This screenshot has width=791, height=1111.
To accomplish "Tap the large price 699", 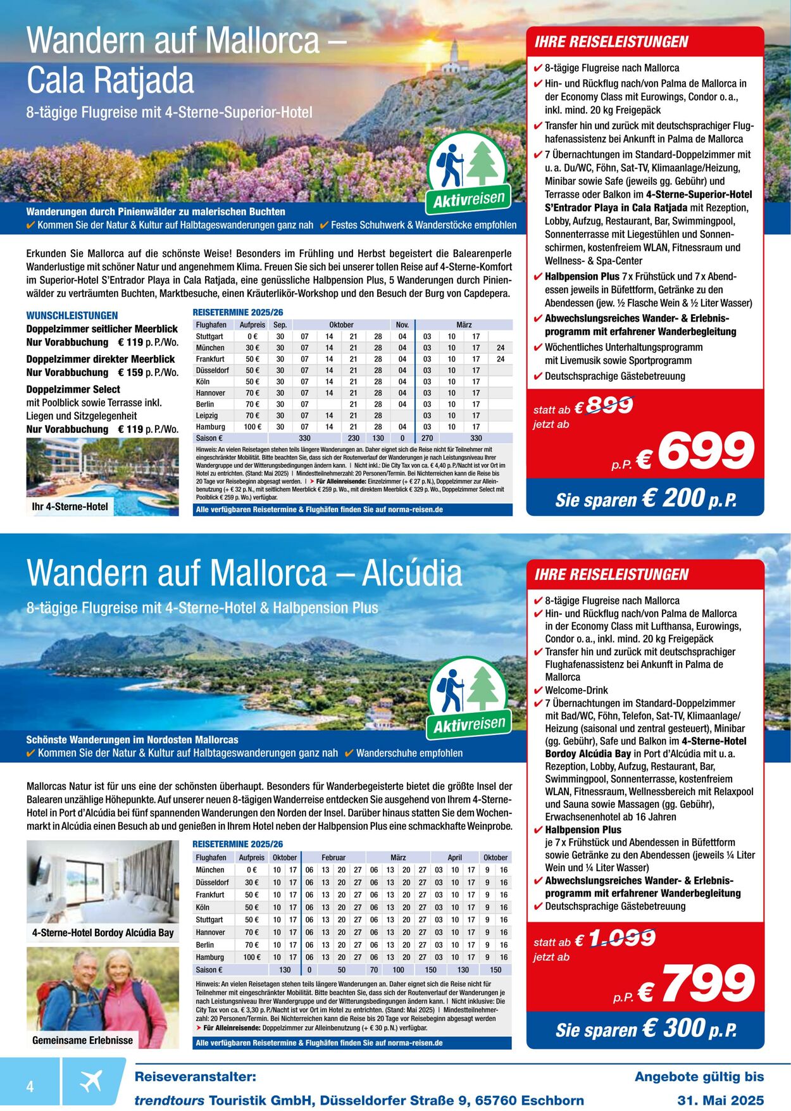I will click(706, 451).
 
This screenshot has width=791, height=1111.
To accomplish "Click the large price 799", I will click(707, 984).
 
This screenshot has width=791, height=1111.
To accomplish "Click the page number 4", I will click(30, 1086).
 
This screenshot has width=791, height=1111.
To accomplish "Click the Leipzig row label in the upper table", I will click(207, 415).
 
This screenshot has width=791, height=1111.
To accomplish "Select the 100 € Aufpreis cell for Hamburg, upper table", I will click(252, 427).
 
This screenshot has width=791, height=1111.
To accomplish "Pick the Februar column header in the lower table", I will click(333, 857).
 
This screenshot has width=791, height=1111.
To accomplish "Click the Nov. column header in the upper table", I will click(402, 325).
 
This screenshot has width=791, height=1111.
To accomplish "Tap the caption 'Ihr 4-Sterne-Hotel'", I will click(70, 506).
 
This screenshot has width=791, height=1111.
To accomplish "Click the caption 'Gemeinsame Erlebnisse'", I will click(83, 1040).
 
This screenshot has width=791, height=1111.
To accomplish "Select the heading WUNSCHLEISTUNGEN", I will click(72, 315).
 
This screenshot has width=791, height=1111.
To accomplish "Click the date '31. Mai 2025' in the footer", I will click(721, 1100).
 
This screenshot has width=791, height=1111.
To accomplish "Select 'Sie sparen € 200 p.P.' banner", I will click(645, 499).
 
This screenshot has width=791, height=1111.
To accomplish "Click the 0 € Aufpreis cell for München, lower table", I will click(251, 870).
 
